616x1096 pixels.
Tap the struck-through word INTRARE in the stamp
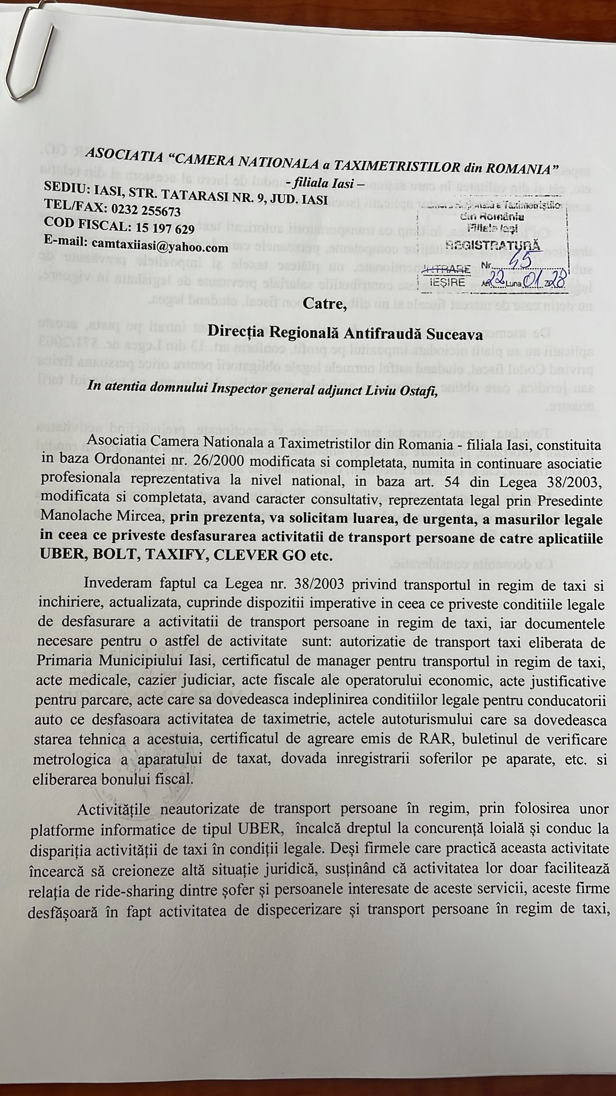tap(446, 268)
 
